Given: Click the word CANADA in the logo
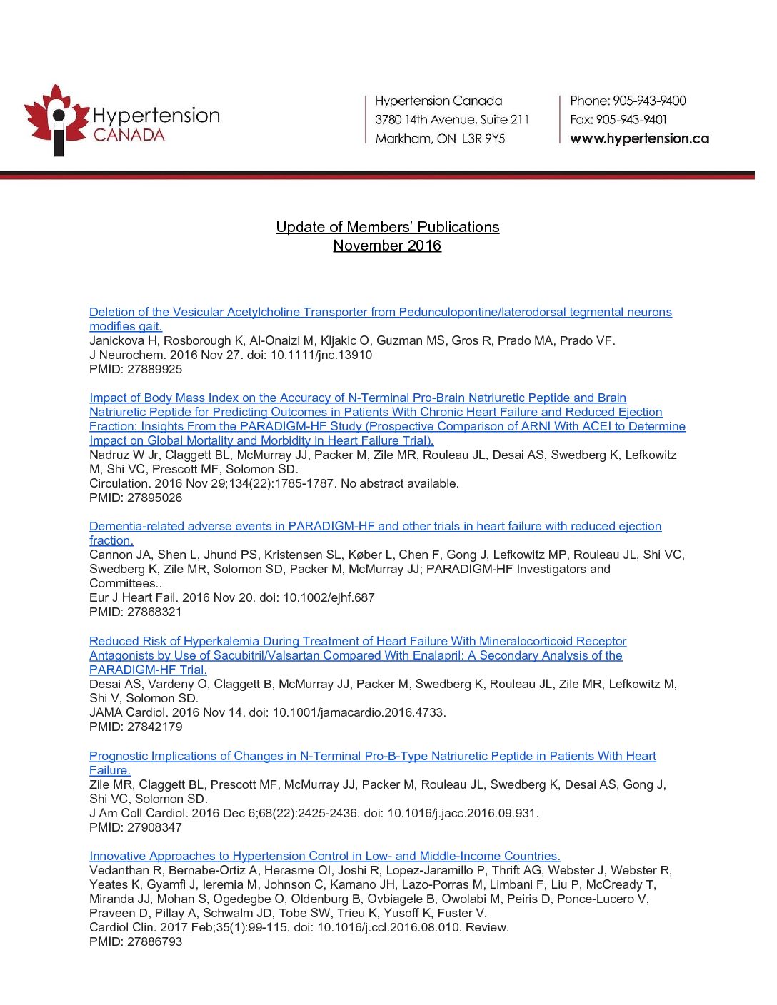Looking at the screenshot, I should pos(129,135).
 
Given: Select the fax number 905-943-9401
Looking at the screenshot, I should pos(631,119).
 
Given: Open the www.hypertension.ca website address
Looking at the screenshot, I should pos(639,138).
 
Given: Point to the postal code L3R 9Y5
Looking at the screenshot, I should pos(483,138).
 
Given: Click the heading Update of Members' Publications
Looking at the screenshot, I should pos(387,227).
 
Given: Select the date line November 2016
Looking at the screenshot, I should pos(387,246).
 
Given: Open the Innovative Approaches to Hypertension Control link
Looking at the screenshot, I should pos(324,856).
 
